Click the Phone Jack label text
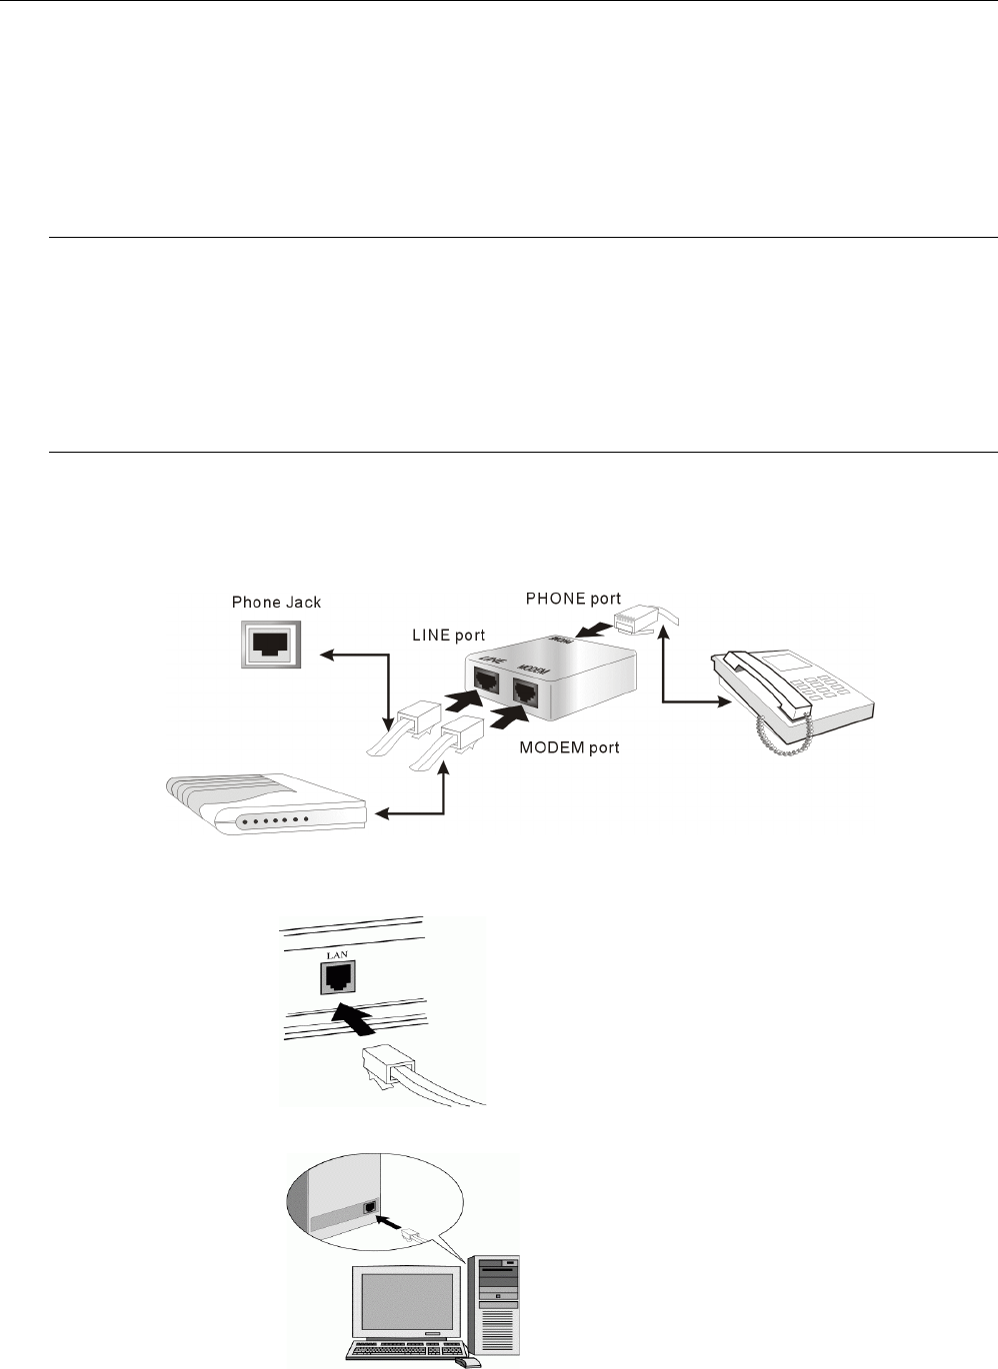pyautogui.click(x=276, y=602)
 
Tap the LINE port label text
pyautogui.click(x=449, y=635)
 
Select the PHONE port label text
pyautogui.click(x=573, y=599)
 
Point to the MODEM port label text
pyautogui.click(x=569, y=747)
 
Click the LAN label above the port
pyautogui.click(x=333, y=956)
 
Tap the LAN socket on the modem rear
pyautogui.click(x=334, y=980)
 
